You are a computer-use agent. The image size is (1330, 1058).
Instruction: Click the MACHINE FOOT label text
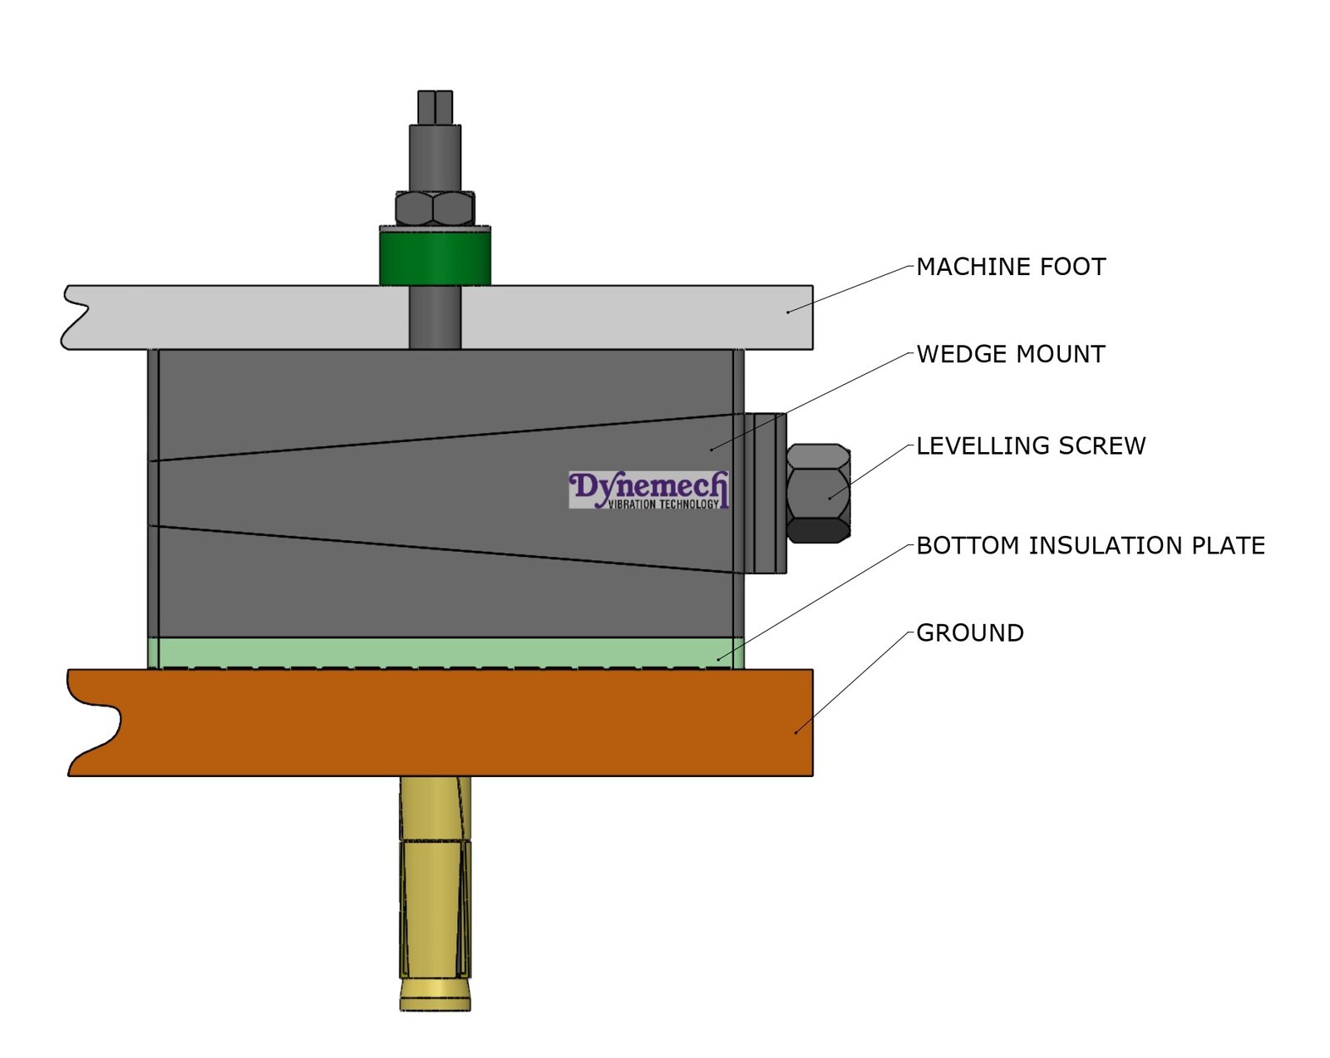[x=1010, y=267]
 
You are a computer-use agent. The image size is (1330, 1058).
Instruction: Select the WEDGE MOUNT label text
[x=1010, y=354]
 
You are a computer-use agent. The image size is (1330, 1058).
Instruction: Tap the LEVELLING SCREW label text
[x=1030, y=445]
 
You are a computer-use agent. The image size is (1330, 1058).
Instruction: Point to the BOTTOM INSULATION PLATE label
[x=1090, y=545]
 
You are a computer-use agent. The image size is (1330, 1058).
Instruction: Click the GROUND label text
[x=969, y=632]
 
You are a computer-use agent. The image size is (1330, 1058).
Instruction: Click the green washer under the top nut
[x=435, y=257]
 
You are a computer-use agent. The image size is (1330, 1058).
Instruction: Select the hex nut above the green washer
[x=435, y=209]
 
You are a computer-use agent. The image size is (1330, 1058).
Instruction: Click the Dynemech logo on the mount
[x=648, y=490]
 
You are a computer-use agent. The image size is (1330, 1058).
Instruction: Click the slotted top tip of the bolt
[x=435, y=106]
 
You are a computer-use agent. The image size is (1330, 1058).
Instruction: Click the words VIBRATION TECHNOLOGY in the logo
[x=663, y=504]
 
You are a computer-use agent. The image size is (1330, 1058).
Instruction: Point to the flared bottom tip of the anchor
[x=435, y=995]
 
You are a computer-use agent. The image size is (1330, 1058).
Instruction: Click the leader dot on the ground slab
[x=796, y=731]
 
